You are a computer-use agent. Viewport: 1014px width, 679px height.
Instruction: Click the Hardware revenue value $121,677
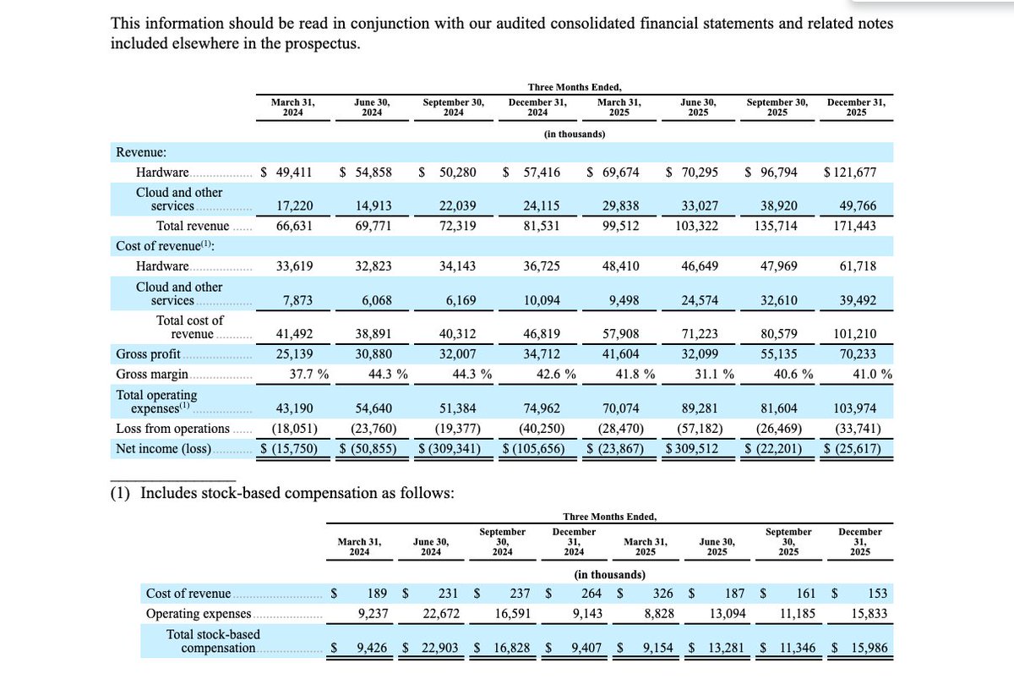(850, 172)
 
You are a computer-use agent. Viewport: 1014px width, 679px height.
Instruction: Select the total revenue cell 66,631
(295, 226)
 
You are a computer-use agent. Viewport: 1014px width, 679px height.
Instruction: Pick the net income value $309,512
(691, 448)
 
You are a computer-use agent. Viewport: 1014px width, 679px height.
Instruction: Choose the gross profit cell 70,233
(857, 354)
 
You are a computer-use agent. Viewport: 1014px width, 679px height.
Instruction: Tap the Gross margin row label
(152, 375)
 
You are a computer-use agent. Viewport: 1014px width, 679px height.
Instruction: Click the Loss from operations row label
(172, 428)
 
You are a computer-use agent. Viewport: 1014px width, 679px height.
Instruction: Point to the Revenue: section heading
(140, 152)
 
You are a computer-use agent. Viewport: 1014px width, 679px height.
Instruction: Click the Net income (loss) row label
(164, 448)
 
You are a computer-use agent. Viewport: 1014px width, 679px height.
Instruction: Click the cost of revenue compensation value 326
(662, 594)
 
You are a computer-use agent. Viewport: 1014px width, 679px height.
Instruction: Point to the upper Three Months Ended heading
(575, 87)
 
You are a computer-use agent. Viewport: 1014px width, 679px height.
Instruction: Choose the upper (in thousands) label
(575, 134)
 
